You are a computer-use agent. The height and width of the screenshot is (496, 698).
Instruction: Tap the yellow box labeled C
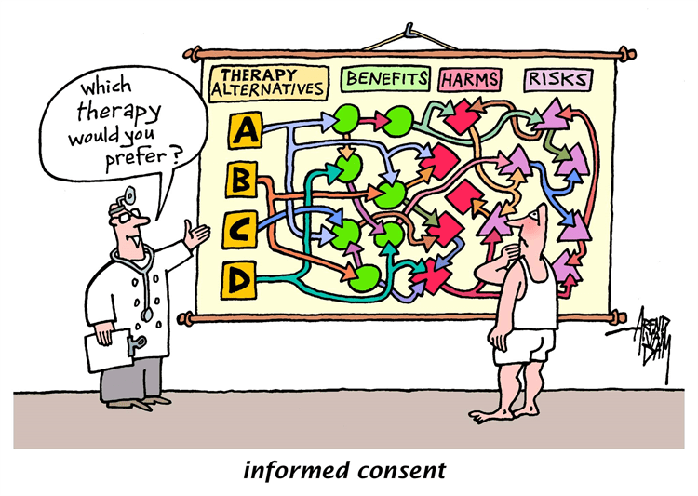(x=241, y=228)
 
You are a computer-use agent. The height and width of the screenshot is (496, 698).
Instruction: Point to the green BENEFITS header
(x=386, y=78)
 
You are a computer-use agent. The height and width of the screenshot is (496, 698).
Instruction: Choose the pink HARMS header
(x=470, y=80)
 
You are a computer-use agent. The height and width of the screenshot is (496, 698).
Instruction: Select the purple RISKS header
(x=557, y=80)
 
